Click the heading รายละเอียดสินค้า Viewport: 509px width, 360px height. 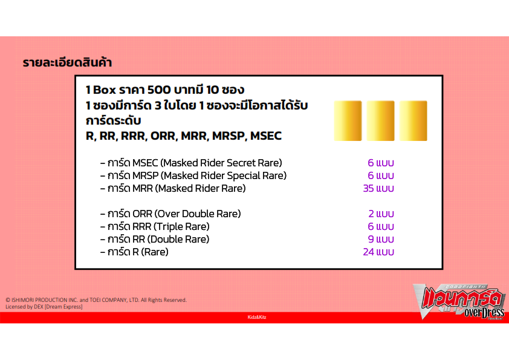point(67,62)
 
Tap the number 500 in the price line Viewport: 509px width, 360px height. point(159,90)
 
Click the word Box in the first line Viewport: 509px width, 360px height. point(104,90)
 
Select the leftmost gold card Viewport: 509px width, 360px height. point(348,120)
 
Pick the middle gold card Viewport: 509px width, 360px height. point(380,120)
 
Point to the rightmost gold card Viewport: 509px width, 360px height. point(413,120)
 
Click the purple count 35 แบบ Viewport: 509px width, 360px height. point(378,188)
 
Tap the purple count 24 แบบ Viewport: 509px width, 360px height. point(378,252)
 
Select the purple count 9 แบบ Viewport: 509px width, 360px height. point(381,239)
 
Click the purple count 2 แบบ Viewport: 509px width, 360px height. point(381,214)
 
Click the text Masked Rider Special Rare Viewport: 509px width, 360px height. point(224,176)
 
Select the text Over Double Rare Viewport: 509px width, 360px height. point(198,214)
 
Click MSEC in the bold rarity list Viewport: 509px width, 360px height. point(266,136)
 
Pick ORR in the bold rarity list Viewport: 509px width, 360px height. point(163,136)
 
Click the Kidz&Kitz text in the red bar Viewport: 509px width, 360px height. point(257,317)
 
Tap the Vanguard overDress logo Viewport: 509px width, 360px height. point(459,302)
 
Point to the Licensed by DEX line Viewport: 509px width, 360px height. point(44,307)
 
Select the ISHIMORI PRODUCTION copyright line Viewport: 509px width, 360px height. point(96,300)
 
